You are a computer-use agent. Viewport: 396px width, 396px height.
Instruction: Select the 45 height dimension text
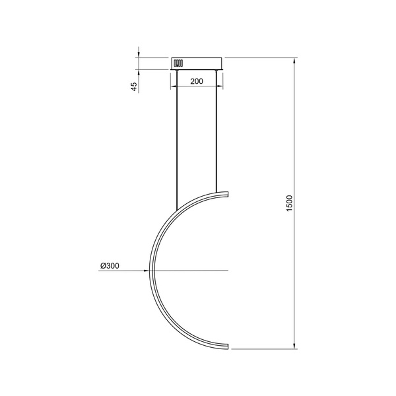[x=134, y=86]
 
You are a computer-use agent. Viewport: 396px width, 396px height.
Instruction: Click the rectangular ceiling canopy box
[x=197, y=63]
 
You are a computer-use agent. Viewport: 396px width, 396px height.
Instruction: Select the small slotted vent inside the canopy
[x=177, y=63]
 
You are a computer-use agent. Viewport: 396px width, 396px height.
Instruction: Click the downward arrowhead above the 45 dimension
[x=139, y=54]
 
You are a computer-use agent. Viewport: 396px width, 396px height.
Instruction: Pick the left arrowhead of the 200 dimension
[x=174, y=87]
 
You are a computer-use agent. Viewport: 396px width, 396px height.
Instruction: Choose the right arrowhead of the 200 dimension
[x=220, y=87]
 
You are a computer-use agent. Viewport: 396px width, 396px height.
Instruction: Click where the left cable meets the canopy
[x=177, y=70]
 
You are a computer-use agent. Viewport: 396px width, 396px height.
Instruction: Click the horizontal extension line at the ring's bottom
[x=261, y=348]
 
